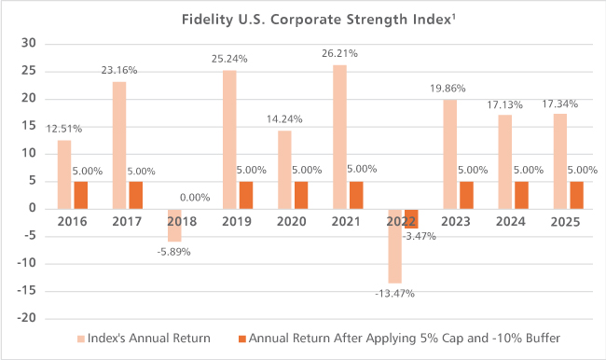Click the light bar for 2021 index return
(x=339, y=137)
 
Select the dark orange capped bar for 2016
(x=81, y=195)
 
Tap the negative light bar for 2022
(x=395, y=246)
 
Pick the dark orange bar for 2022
(x=411, y=219)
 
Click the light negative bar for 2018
(x=174, y=226)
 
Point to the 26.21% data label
(x=339, y=53)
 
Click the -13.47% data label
(x=394, y=294)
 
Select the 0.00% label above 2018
(x=195, y=198)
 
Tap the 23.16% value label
(x=119, y=70)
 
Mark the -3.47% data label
(x=420, y=236)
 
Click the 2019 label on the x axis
(x=237, y=222)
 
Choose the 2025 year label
(x=565, y=222)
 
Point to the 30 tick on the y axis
(x=29, y=43)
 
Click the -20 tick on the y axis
(x=27, y=318)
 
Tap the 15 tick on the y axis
(x=29, y=126)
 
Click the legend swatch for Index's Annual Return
(x=81, y=339)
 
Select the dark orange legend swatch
(x=242, y=339)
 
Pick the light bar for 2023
(x=450, y=155)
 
